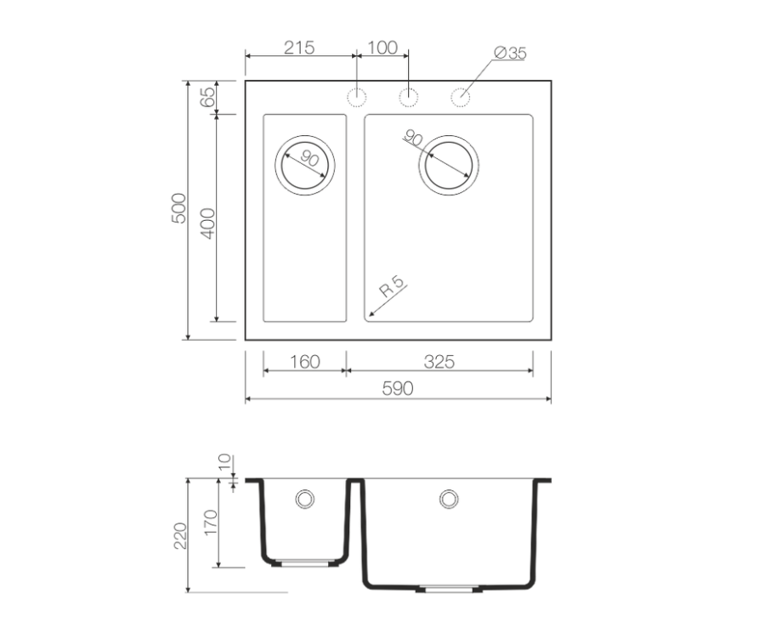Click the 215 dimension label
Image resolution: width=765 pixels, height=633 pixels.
(299, 48)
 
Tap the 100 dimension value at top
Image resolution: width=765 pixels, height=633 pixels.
(382, 48)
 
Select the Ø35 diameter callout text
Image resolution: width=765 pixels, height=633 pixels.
(510, 53)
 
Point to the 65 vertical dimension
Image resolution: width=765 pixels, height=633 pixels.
(207, 97)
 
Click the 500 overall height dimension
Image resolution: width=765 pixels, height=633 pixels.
(179, 208)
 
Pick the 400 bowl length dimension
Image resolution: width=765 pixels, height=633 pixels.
(207, 223)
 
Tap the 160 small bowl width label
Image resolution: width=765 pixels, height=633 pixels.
(305, 362)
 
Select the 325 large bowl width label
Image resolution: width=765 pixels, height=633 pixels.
(439, 362)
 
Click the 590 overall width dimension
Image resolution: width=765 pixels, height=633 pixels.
(398, 388)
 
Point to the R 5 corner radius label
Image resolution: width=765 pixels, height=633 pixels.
(392, 287)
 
